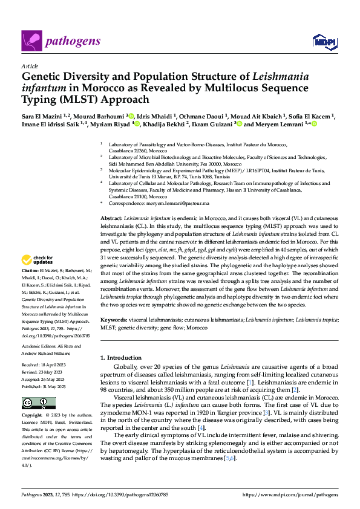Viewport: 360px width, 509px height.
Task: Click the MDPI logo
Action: point(324,41)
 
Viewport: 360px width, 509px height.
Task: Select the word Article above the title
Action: point(30,66)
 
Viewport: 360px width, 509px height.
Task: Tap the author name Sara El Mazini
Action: point(41,115)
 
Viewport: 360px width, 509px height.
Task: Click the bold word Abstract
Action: point(111,216)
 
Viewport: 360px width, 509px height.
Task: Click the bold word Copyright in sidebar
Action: point(32,416)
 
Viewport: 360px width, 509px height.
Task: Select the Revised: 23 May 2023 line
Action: point(42,372)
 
